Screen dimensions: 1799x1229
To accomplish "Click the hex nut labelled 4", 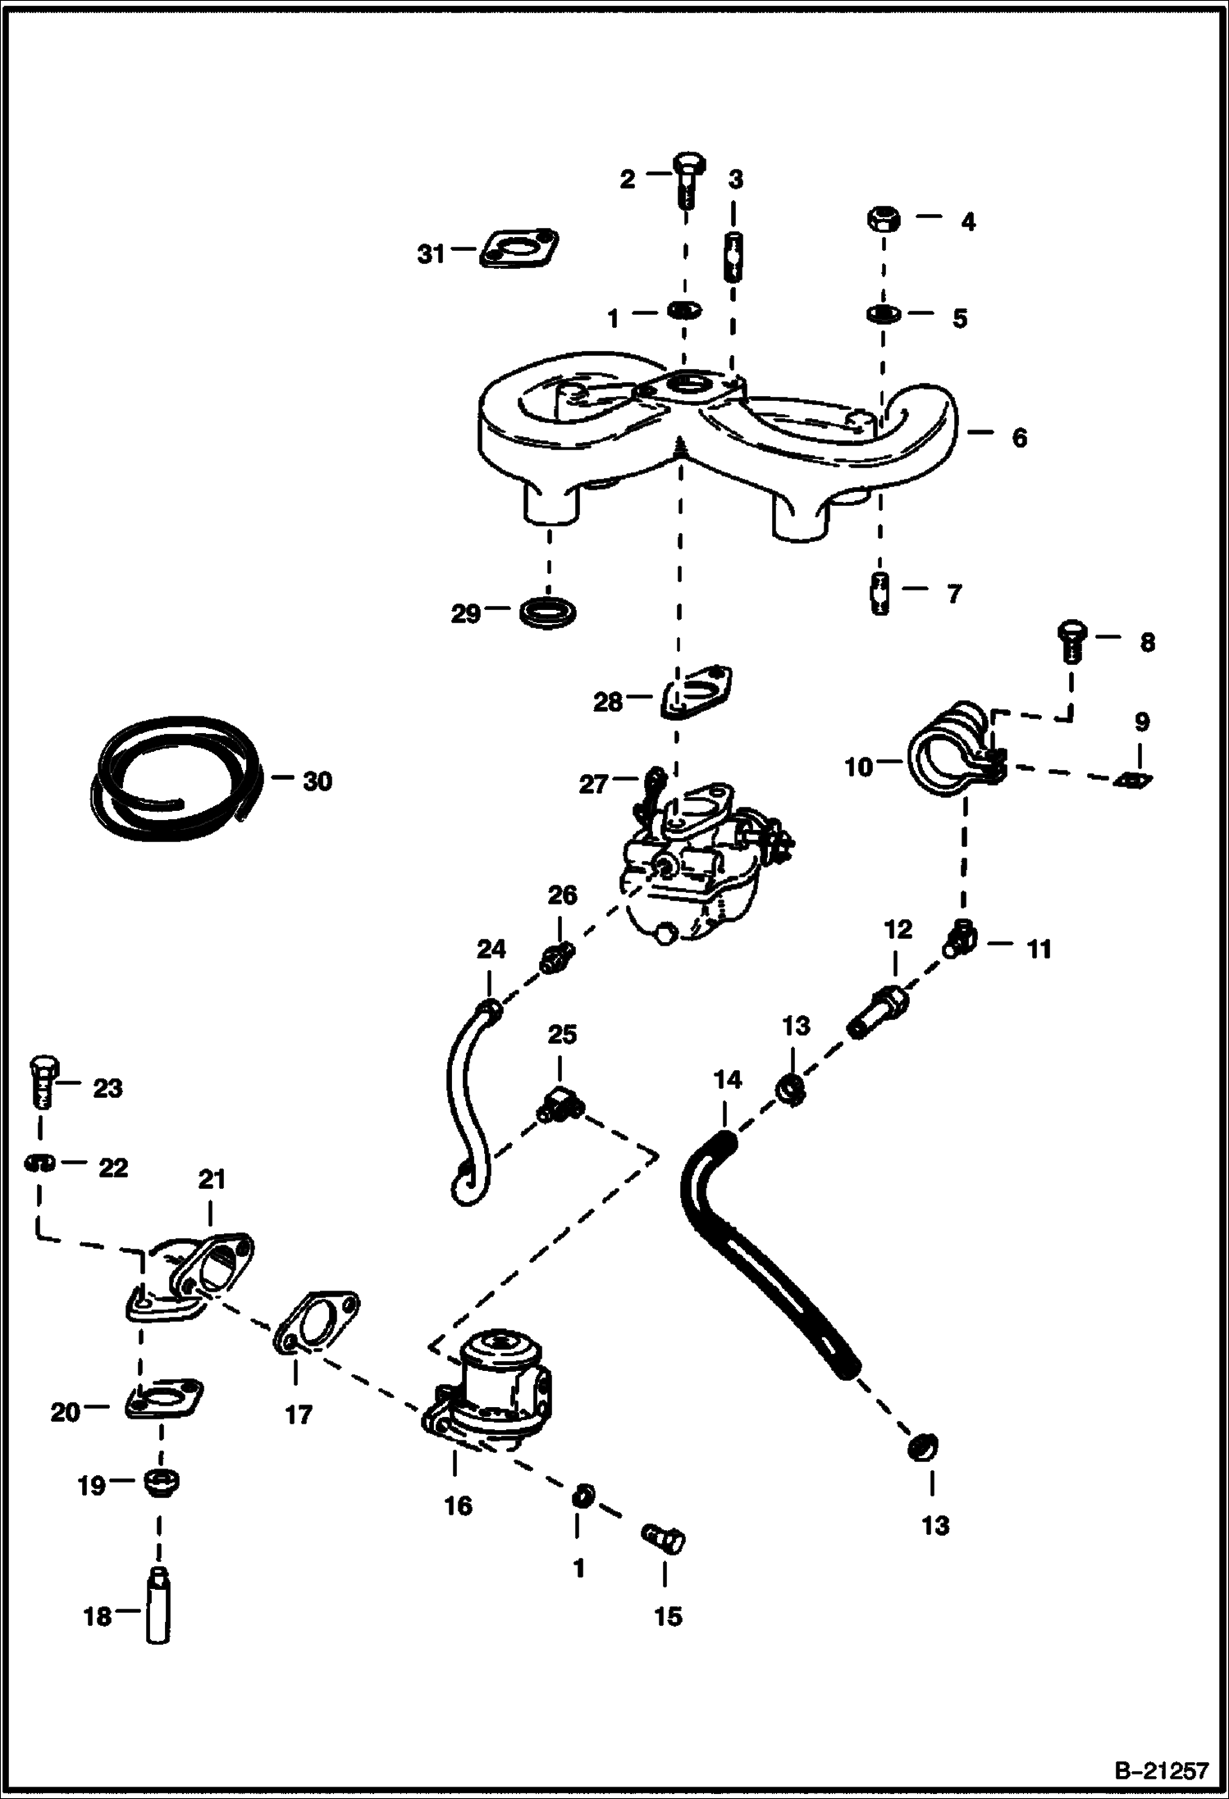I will [x=883, y=220].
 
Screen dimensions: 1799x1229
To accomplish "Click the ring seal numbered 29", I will [x=548, y=612].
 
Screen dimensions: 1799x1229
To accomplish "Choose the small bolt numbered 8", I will [x=1070, y=641].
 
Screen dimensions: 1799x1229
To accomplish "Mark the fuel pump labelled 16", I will [x=490, y=1387].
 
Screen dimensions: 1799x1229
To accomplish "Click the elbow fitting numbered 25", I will [x=558, y=1104].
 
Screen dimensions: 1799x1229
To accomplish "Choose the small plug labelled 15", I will [x=663, y=1539].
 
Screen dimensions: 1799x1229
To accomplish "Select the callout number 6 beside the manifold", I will [x=1019, y=438].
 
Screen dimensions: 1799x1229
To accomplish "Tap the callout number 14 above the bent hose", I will [x=727, y=1080].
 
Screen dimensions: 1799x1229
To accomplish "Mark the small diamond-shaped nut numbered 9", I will [x=1135, y=780].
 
